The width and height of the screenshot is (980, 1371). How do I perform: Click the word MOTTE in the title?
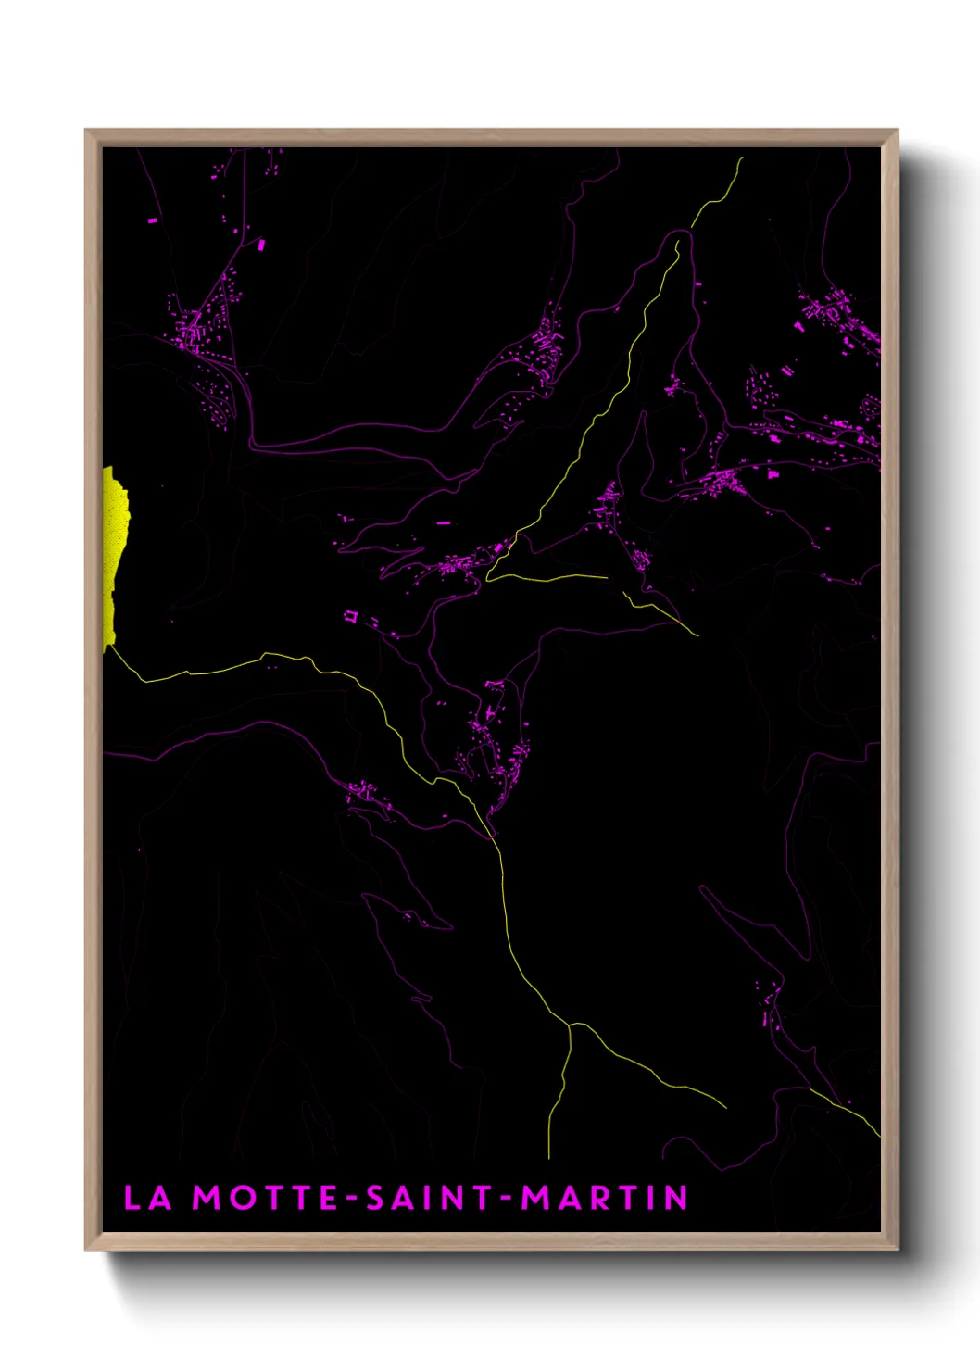[x=265, y=1198]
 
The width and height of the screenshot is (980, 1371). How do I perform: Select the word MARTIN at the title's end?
[x=605, y=1198]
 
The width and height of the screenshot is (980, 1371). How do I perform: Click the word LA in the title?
[x=148, y=1198]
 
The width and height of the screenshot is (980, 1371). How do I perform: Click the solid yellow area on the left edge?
[x=115, y=556]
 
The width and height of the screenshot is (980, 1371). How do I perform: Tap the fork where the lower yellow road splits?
[x=570, y=1025]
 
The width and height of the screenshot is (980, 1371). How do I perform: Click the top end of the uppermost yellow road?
[x=741, y=159]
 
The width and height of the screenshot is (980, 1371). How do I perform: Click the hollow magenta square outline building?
[x=350, y=614]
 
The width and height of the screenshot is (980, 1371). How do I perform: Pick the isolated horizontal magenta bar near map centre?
[x=444, y=523]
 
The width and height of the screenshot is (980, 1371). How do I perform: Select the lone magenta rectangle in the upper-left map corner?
[x=153, y=220]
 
